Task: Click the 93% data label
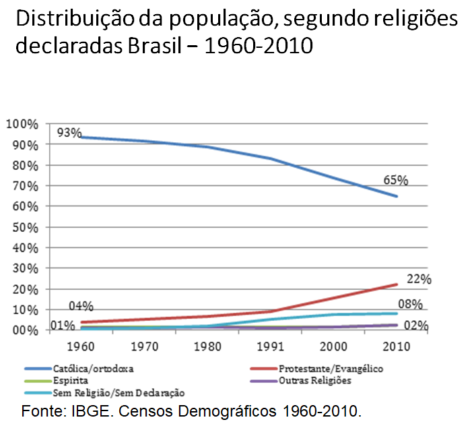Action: [69, 132]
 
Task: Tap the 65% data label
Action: [396, 180]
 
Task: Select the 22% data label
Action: [419, 279]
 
